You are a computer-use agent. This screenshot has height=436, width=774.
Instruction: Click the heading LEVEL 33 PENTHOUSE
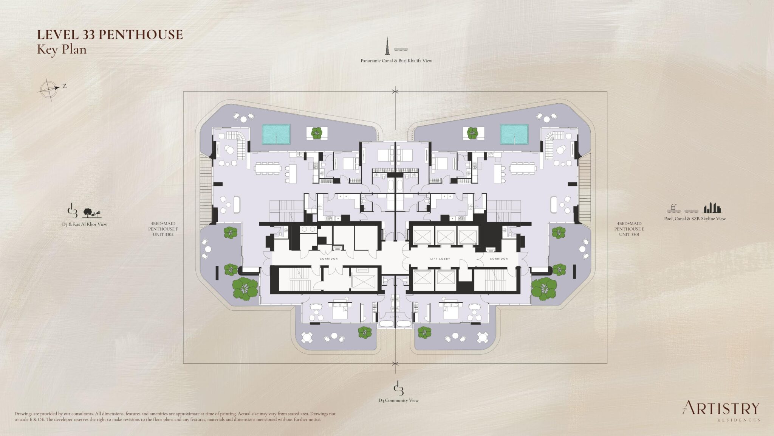tap(110, 35)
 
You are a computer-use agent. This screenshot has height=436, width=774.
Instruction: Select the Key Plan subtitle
tap(61, 50)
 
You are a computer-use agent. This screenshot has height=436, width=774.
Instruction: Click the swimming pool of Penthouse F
tap(276, 134)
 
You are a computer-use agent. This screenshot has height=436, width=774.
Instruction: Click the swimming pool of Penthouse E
tap(514, 134)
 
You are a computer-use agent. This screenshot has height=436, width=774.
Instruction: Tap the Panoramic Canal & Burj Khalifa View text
tap(396, 61)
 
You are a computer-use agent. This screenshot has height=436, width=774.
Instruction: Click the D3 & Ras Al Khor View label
tap(85, 224)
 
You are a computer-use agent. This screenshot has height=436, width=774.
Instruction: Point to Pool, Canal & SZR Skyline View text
tap(695, 219)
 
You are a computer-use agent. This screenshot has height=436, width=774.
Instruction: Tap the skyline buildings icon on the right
tap(712, 208)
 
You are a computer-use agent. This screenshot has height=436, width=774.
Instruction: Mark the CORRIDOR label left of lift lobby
tap(328, 259)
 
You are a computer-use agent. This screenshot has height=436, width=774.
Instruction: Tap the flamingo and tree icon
tap(91, 213)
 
